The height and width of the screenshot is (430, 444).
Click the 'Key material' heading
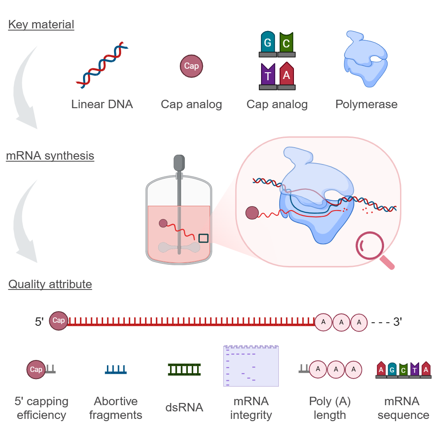tap(41, 24)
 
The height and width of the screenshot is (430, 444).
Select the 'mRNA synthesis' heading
tap(50, 156)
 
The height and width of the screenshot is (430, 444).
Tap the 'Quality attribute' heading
tap(50, 284)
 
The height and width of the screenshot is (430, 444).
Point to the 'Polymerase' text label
tap(366, 104)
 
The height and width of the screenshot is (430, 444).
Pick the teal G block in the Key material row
tap(268, 43)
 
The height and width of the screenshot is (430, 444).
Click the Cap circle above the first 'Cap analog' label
tap(191, 66)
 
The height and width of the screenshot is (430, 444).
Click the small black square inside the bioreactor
tap(203, 238)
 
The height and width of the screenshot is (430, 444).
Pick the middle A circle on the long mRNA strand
tap(341, 322)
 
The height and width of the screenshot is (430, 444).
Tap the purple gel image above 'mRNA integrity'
tap(251, 366)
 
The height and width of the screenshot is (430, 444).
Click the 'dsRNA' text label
tap(184, 407)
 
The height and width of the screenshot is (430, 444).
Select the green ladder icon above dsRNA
tap(184, 369)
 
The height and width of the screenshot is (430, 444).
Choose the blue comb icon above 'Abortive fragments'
tap(116, 369)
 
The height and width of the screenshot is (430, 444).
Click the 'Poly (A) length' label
tap(329, 408)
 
